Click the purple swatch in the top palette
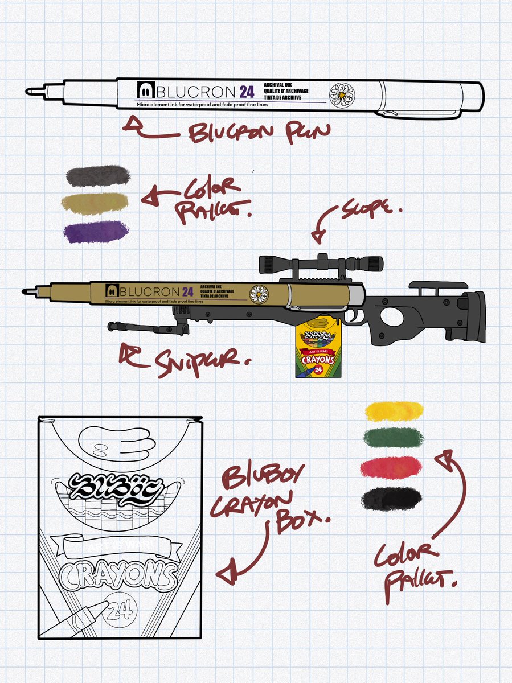point(97,233)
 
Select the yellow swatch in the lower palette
point(394,410)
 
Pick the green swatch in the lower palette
point(393,438)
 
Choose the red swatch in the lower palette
point(392,468)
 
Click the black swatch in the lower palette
point(392,499)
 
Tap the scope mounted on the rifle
point(321,263)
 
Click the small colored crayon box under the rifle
point(316,352)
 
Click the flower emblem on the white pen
point(342,93)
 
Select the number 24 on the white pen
point(247,92)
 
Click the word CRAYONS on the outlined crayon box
point(118,576)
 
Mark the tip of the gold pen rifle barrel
point(26,291)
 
